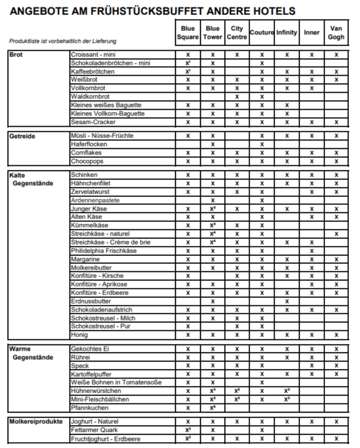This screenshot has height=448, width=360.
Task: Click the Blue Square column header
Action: point(187,33)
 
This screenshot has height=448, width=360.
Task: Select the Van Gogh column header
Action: point(336,33)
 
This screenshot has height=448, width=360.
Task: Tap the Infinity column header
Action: point(287,33)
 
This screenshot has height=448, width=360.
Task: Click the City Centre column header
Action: point(237,33)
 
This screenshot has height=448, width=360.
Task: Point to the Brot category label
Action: point(16,55)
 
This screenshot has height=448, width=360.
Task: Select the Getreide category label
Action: point(22,136)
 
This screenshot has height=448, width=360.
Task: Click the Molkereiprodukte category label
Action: point(36,422)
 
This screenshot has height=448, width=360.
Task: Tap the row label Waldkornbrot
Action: point(90,97)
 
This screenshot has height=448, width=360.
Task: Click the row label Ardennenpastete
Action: point(95,200)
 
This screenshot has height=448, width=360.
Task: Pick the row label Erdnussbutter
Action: point(91,301)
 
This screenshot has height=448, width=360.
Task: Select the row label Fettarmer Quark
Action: point(94,430)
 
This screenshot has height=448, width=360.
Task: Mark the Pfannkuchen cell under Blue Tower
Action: point(213,408)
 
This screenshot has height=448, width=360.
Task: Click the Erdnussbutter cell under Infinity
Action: point(287,301)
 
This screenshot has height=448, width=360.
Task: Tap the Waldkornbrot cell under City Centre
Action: point(237,97)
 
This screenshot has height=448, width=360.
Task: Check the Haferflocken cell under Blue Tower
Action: point(213,144)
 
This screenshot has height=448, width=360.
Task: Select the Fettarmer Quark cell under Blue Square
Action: point(188,430)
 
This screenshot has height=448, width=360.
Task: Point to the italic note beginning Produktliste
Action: point(63,42)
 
